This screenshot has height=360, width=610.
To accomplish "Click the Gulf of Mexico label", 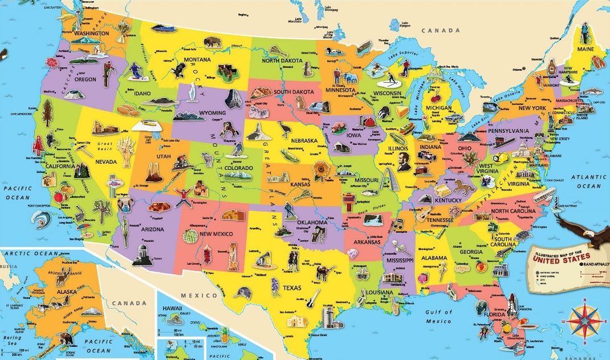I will point(438,317).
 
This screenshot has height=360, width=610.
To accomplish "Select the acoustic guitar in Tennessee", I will point(424,213).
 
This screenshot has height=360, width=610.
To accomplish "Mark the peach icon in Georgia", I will point(480,265).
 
